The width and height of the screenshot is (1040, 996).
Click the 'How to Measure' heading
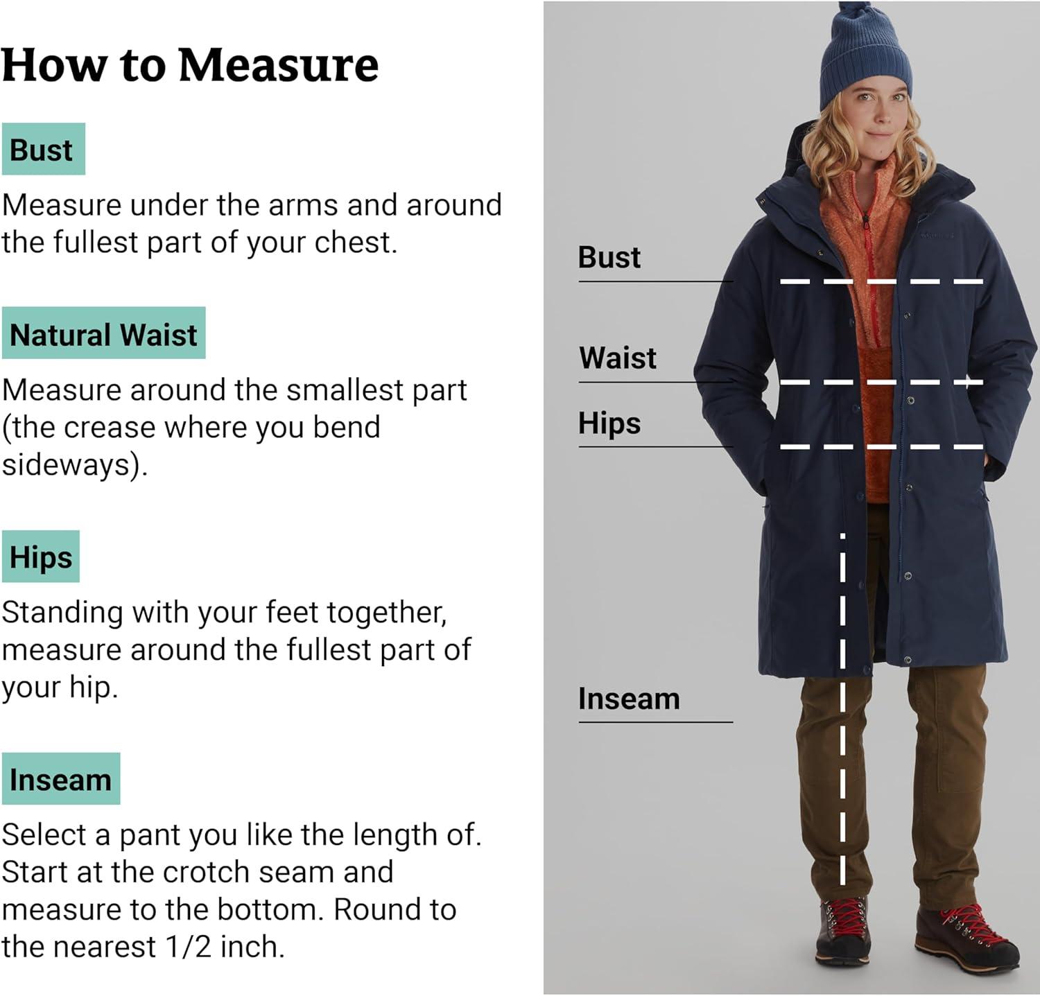(x=190, y=65)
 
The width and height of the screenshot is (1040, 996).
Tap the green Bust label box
(x=43, y=149)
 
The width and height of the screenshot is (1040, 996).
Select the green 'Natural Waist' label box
(x=103, y=333)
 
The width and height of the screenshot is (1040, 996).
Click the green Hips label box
(x=40, y=557)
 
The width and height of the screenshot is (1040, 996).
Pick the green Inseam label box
(x=60, y=779)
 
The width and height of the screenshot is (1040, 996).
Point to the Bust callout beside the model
(x=609, y=257)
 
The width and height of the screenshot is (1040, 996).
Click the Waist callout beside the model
(x=618, y=358)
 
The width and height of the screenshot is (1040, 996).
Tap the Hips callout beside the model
(x=609, y=423)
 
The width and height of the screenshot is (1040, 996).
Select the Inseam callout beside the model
(x=629, y=699)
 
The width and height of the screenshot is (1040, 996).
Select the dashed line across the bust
(x=881, y=281)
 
